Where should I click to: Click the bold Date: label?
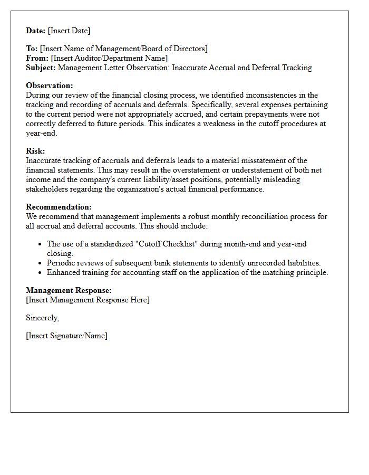click(36, 31)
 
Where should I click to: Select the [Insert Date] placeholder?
click(69, 31)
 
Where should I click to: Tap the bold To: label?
click(32, 49)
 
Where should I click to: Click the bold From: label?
click(37, 58)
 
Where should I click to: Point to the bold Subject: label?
click(41, 68)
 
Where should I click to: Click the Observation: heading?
click(50, 85)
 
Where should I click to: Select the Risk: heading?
click(35, 151)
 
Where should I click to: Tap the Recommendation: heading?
click(59, 207)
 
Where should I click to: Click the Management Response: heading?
click(69, 290)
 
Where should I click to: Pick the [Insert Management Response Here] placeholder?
click(88, 300)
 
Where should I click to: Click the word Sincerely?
click(43, 318)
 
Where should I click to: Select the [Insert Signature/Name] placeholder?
click(66, 336)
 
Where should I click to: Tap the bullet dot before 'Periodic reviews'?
click(41, 263)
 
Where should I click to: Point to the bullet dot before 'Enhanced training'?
click(41, 272)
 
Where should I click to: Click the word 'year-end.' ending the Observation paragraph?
click(41, 133)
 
